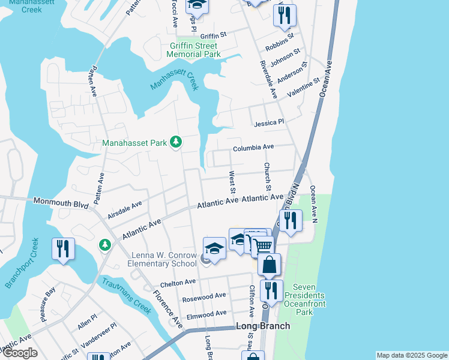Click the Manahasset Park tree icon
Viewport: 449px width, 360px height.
(x=176, y=142)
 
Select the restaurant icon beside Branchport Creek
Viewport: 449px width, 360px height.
(x=63, y=249)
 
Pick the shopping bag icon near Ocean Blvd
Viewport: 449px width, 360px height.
(x=270, y=264)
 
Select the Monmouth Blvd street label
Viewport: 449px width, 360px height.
(x=61, y=203)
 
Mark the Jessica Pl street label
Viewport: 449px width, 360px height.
(x=269, y=122)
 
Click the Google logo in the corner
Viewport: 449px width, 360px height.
(x=20, y=353)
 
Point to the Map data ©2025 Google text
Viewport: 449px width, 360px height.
(x=412, y=355)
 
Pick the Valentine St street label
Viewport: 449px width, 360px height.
(x=304, y=89)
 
